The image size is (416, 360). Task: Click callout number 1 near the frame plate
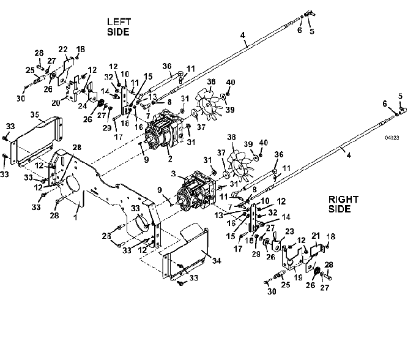click(75, 216)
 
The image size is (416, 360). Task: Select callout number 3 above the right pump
click(174, 175)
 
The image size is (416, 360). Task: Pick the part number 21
click(316, 236)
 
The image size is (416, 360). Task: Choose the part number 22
click(64, 49)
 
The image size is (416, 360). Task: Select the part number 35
click(34, 114)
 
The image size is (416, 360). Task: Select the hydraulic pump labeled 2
click(163, 132)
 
